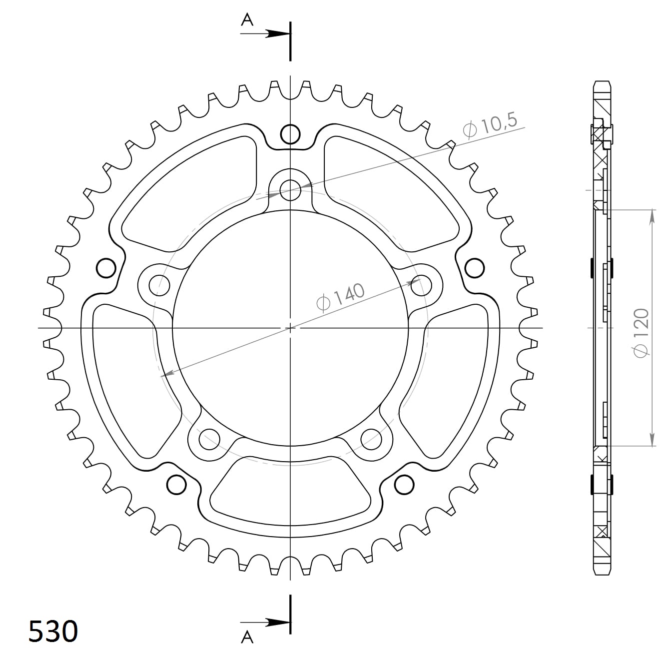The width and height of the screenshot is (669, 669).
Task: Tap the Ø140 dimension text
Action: pos(341,298)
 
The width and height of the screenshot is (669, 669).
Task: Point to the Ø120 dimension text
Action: pos(641,333)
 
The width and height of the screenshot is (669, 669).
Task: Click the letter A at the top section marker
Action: pos(247,19)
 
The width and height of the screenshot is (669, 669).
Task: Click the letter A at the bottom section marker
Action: pos(247,637)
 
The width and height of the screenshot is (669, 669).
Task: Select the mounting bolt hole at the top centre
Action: pos(290,189)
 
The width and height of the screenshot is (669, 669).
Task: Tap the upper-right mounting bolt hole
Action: pos(420,285)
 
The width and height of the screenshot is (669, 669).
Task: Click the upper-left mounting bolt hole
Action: pos(160,285)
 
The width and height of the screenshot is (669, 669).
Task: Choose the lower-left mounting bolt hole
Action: pos(209,439)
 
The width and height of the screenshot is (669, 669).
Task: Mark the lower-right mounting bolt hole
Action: pos(371,439)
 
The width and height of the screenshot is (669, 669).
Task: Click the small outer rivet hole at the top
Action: pos(290,133)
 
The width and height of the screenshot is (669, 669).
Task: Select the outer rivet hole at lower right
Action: pos(404,484)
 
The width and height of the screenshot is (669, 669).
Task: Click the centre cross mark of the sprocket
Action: pos(290,328)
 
